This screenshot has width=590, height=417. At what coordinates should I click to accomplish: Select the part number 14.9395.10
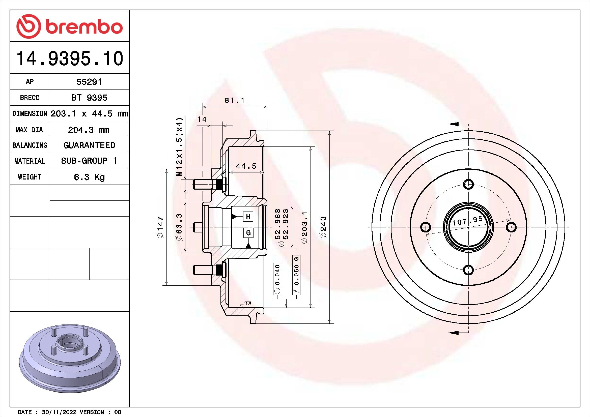(x=70, y=58)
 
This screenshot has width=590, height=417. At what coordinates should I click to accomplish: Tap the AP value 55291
(x=89, y=82)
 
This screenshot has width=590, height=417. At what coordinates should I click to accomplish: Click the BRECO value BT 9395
(x=89, y=98)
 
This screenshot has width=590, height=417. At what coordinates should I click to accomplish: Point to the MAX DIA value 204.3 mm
(x=88, y=130)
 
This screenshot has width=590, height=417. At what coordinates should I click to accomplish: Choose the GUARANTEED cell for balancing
(x=89, y=145)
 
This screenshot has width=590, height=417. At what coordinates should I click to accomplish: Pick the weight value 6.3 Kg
(x=89, y=177)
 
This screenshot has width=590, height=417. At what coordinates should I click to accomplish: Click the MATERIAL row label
(x=30, y=161)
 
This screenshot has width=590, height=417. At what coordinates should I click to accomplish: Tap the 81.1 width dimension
(x=235, y=100)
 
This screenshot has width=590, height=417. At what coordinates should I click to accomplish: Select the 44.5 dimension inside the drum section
(x=246, y=166)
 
